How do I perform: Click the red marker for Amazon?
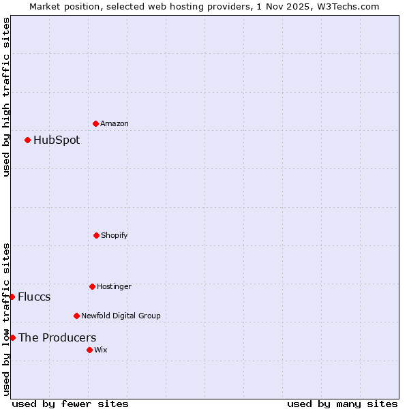[95, 123]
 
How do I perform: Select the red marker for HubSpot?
[27, 140]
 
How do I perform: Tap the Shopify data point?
[96, 235]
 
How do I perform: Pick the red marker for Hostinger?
[92, 286]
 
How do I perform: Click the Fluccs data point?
[12, 297]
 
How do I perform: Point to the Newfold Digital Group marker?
[76, 316]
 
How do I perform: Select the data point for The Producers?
[12, 337]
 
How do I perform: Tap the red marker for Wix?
[89, 350]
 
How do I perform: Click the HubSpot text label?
[57, 140]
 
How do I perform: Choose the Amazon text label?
[115, 123]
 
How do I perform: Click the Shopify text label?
[115, 235]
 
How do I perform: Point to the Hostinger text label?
[114, 286]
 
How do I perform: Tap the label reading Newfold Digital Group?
[121, 316]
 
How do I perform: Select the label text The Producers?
[57, 337]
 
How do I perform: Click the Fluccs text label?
[34, 297]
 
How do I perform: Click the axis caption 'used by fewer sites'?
[70, 404]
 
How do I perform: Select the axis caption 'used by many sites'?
[342, 404]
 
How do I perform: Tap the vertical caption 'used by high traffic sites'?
[7, 97]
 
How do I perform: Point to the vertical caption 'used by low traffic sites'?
[7, 319]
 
